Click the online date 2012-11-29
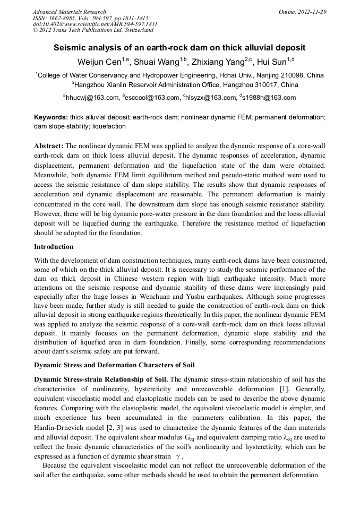(312, 12)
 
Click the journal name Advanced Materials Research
(69, 12)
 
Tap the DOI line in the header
(95, 24)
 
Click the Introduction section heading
(54, 247)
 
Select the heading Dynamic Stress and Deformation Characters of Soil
(114, 365)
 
